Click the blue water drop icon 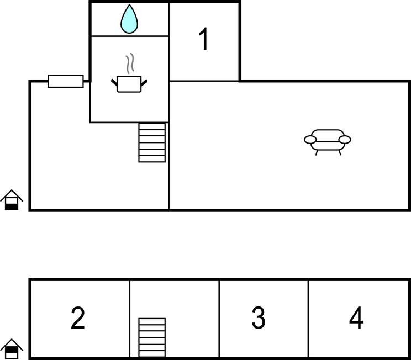point(129,19)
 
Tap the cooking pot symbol point(129,84)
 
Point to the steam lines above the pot point(130,63)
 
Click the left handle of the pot point(114,82)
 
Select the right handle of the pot point(144,82)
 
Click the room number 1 point(204,39)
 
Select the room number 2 point(78,318)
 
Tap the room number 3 point(259,317)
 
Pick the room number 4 point(356,317)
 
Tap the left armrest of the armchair point(310,140)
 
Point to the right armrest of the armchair point(345,140)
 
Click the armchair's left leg point(317,153)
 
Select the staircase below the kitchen point(152,142)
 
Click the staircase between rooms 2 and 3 point(152,337)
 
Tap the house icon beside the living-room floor point(12,200)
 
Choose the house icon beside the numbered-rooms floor point(12,349)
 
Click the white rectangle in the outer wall point(66,81)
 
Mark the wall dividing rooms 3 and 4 point(308,319)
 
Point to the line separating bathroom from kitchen point(129,36)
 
